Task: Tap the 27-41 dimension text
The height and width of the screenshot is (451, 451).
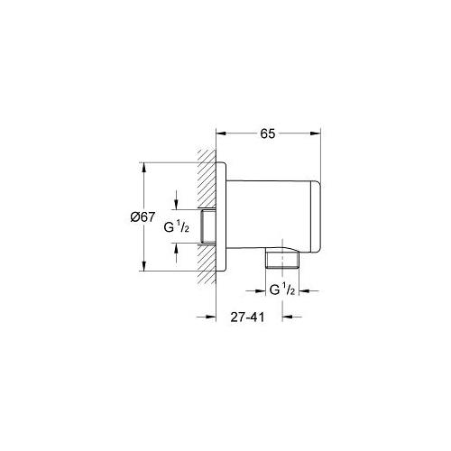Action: pos(246,317)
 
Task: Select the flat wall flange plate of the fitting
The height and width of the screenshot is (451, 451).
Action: pos(221,216)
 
